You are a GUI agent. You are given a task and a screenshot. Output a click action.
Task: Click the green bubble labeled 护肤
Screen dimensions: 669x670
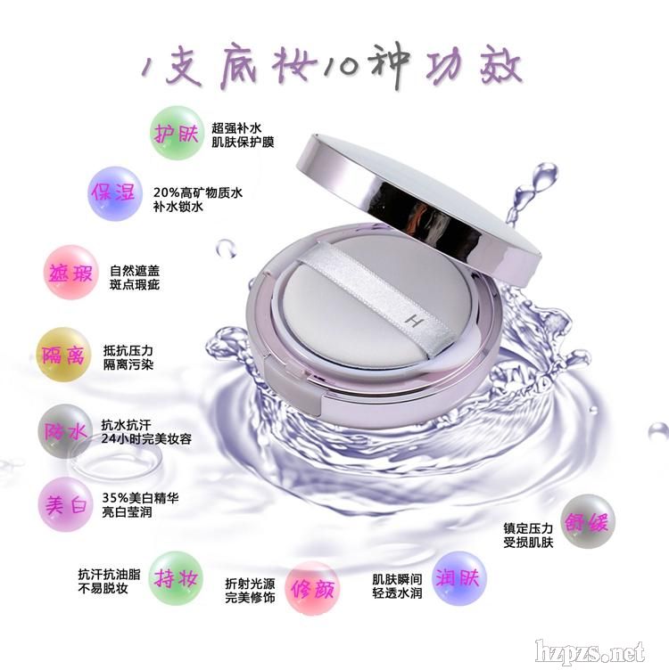tap(177, 134)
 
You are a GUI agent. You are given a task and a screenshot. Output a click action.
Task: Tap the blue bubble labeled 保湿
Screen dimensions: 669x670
tap(114, 193)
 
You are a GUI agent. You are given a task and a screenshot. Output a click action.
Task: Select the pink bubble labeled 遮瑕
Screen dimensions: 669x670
tap(71, 273)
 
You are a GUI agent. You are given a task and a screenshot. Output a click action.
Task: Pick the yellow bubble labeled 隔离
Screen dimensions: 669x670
tap(63, 355)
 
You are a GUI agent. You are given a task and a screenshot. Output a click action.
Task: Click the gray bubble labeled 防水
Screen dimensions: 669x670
tap(65, 431)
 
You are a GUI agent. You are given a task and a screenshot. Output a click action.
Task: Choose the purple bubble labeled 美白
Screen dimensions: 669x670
tap(65, 504)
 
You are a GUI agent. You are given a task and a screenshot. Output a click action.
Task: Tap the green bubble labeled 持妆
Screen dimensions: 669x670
tap(176, 578)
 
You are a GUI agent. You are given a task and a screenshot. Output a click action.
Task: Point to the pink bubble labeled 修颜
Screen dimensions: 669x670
tap(312, 588)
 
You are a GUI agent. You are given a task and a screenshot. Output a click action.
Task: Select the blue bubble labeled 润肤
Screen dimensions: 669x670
tap(459, 578)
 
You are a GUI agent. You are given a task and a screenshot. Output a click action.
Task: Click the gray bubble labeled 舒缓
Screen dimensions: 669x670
tap(587, 521)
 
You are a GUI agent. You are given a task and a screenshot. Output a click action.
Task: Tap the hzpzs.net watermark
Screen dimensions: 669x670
tap(590, 653)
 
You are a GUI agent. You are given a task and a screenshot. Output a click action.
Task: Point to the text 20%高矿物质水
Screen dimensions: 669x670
tap(198, 192)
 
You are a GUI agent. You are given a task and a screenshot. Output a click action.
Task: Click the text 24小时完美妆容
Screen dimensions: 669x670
tap(146, 439)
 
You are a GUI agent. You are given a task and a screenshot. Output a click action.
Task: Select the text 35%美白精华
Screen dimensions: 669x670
tap(140, 498)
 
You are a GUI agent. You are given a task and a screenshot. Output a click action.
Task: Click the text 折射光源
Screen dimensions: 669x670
tap(251, 584)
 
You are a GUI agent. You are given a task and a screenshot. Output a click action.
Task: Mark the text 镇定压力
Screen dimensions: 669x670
tap(528, 528)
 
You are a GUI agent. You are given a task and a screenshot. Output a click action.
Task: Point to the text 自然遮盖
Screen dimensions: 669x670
tap(135, 271)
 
